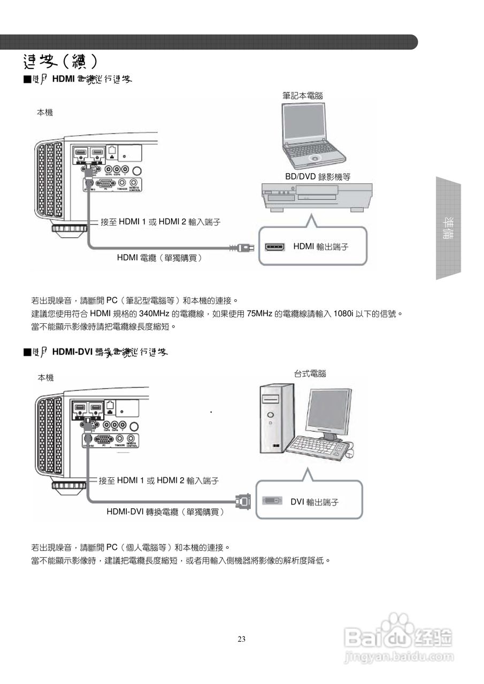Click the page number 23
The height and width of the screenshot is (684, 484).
[x=242, y=639]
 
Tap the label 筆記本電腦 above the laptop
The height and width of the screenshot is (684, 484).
[x=303, y=95]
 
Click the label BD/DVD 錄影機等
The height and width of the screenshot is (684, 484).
[x=318, y=176]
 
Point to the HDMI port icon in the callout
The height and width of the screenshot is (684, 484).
[x=275, y=247]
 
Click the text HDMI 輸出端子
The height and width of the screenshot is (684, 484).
[x=320, y=246]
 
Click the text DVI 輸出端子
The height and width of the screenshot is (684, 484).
[x=314, y=502]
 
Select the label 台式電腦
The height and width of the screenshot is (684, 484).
[x=310, y=374]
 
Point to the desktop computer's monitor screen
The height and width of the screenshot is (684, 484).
[x=328, y=410]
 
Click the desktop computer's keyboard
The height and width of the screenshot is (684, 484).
[x=318, y=447]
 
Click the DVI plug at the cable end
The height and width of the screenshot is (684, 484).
[x=243, y=501]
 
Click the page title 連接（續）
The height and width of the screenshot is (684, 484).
[x=60, y=61]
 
